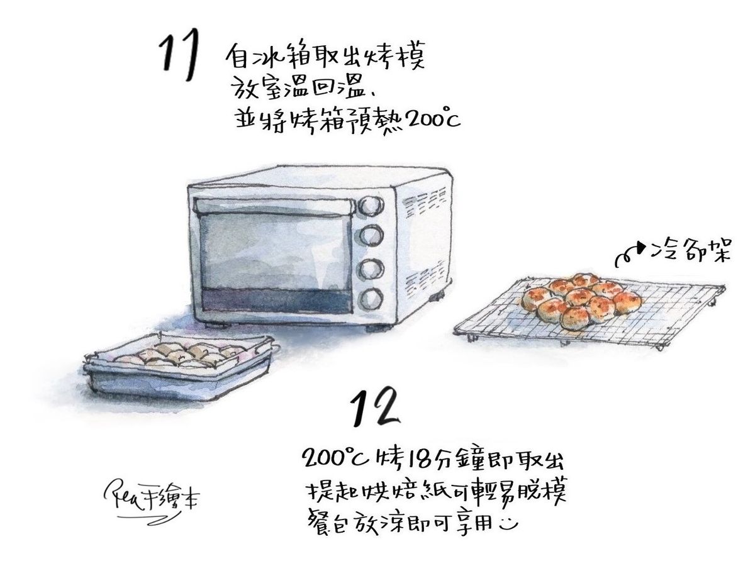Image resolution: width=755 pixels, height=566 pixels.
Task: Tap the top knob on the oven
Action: click(371, 206)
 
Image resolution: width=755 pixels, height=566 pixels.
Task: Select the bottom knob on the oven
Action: click(371, 299)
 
